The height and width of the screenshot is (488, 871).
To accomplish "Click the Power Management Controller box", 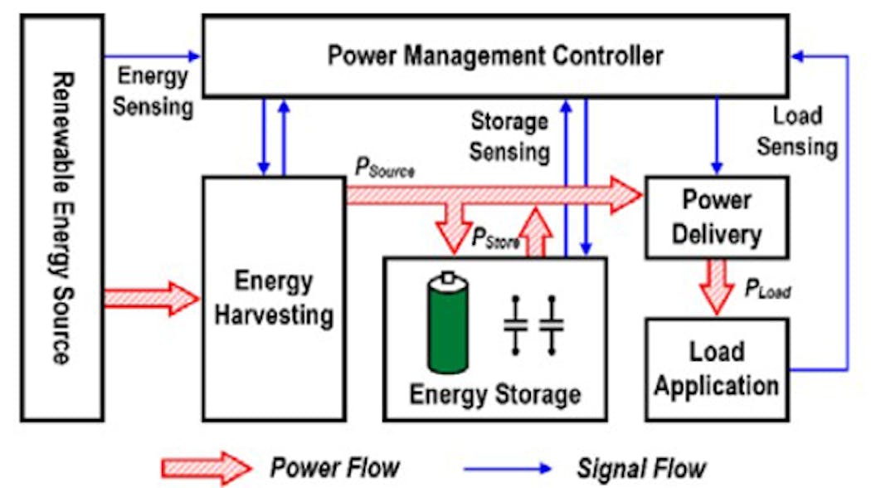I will pos(495,56).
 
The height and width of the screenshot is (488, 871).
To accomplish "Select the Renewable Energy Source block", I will pos(62,218).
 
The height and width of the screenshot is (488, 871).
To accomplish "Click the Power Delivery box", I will pos(716,217).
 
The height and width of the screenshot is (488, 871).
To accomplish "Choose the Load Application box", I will pos(716,368).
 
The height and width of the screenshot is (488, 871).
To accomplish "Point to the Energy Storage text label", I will pos(494,393).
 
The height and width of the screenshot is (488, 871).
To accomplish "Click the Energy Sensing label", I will pos(153,90).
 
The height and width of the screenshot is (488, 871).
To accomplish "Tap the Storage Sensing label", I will pos(509,137).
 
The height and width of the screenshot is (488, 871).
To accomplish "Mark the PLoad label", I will pos(765,290).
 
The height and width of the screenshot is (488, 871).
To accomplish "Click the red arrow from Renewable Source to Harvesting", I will pos(152,298).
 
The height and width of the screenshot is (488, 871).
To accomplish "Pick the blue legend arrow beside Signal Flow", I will pos(505,467).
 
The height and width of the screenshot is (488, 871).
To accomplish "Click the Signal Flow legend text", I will pos(642,467).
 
